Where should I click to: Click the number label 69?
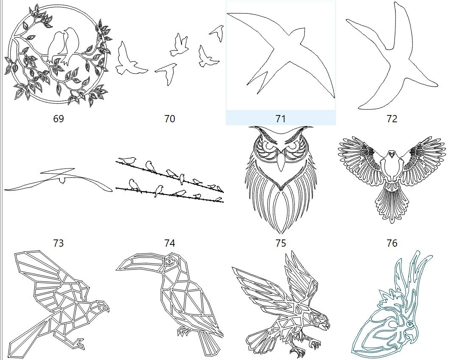coord(59,119)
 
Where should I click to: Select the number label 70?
coord(169,119)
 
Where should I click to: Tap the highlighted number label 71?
coord(280,119)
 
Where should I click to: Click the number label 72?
coord(392,119)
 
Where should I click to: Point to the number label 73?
coord(59,243)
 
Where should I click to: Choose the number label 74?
coord(169,243)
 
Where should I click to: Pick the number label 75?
coord(280,243)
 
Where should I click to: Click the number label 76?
coord(392,243)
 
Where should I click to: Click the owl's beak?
coord(280,163)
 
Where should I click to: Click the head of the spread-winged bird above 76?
coord(392,157)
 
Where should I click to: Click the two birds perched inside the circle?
coord(64,45)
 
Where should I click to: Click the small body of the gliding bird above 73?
coord(62,180)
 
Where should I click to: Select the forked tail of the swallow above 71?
coord(257,83)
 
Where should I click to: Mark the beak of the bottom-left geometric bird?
coord(107,309)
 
